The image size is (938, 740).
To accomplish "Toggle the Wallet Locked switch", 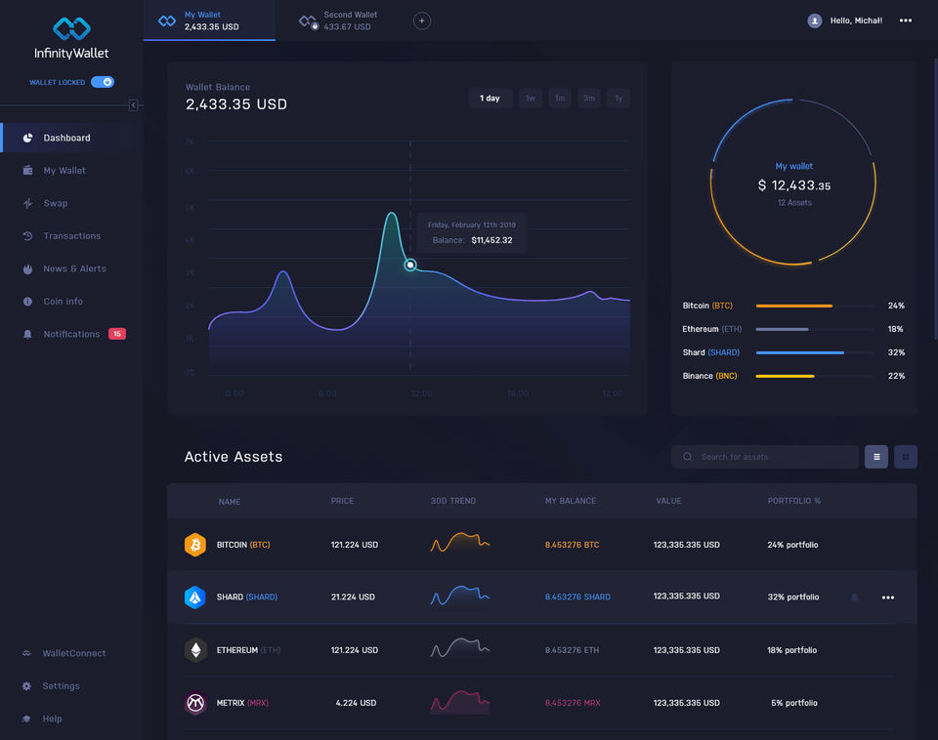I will [x=103, y=82].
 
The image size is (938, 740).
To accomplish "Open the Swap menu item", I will [x=56, y=203].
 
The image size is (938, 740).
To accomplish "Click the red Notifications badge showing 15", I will [x=117, y=334].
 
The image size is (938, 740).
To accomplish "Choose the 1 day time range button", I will [x=490, y=98].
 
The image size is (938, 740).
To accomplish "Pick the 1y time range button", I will [x=618, y=98].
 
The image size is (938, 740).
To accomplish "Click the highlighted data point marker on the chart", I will [x=410, y=265].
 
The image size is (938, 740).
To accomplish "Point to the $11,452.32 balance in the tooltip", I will [x=491, y=240].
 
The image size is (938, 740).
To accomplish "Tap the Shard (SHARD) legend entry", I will [x=711, y=352].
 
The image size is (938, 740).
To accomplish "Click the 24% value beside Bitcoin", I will [x=896, y=306].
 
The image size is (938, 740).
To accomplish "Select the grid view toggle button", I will [x=906, y=457].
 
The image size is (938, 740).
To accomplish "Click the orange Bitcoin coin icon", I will [x=195, y=545].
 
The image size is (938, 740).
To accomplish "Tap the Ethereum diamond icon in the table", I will [x=195, y=650].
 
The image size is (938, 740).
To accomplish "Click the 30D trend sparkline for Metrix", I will [x=460, y=702].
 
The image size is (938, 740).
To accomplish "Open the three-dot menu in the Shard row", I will [x=888, y=597].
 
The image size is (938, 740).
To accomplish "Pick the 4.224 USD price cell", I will [x=357, y=703].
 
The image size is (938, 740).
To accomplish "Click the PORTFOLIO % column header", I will [x=794, y=501].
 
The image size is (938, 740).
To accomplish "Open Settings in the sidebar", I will [x=61, y=686].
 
